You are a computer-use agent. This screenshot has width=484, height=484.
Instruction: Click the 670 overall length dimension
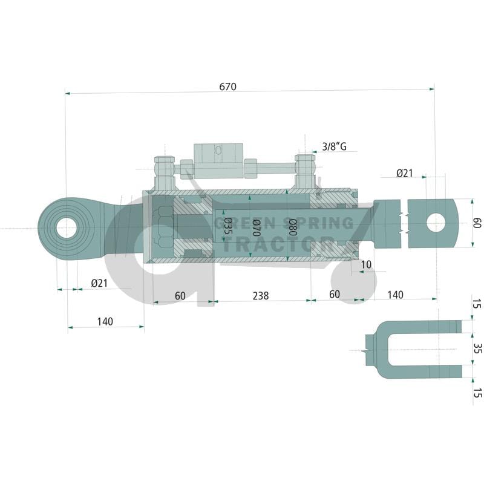pos(228,87)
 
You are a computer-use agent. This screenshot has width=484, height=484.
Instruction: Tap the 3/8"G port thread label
pos(335,146)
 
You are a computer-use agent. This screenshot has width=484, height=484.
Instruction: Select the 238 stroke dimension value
pos(261,296)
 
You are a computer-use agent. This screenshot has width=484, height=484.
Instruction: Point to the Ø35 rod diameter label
pos(227,226)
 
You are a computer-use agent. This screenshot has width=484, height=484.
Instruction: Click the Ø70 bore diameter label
pos(256,227)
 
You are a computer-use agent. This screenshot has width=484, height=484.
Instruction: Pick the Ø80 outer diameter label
pos(292,227)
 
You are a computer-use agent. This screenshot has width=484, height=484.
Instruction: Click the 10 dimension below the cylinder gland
pos(366,264)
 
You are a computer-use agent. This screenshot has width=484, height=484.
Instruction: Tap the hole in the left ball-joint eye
pos(67,228)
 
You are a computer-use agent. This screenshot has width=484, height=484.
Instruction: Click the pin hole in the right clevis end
pos(436,223)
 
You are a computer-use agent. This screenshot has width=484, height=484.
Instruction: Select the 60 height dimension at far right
pos(477,223)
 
